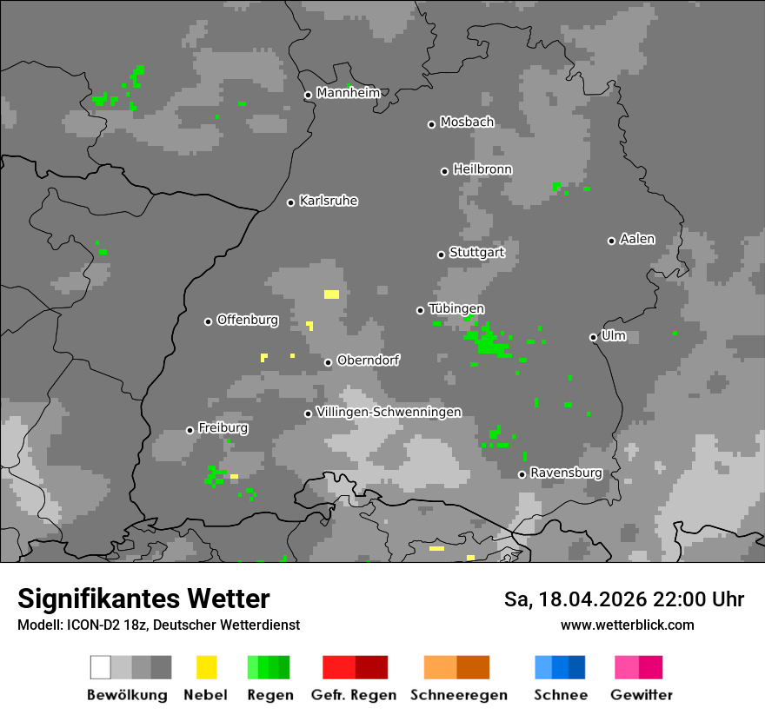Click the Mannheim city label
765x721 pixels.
point(348,93)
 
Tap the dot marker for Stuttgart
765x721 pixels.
point(441,255)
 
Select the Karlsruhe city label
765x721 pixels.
point(329,201)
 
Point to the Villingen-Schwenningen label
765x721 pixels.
point(389,412)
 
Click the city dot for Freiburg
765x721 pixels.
point(190,430)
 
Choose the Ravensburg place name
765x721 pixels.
point(566,473)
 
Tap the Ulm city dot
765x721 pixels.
point(593,337)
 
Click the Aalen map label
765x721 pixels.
point(637,239)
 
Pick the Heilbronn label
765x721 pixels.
point(482,169)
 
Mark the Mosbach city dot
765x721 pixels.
point(431,124)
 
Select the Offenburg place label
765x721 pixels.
point(248,320)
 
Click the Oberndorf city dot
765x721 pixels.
point(328,362)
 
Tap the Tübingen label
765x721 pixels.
point(456,308)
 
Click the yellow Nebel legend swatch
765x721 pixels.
point(206,667)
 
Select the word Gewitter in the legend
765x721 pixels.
point(642,695)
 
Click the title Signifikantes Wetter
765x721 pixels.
point(143,599)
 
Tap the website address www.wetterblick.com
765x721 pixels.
point(628,625)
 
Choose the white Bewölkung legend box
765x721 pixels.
point(100,667)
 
